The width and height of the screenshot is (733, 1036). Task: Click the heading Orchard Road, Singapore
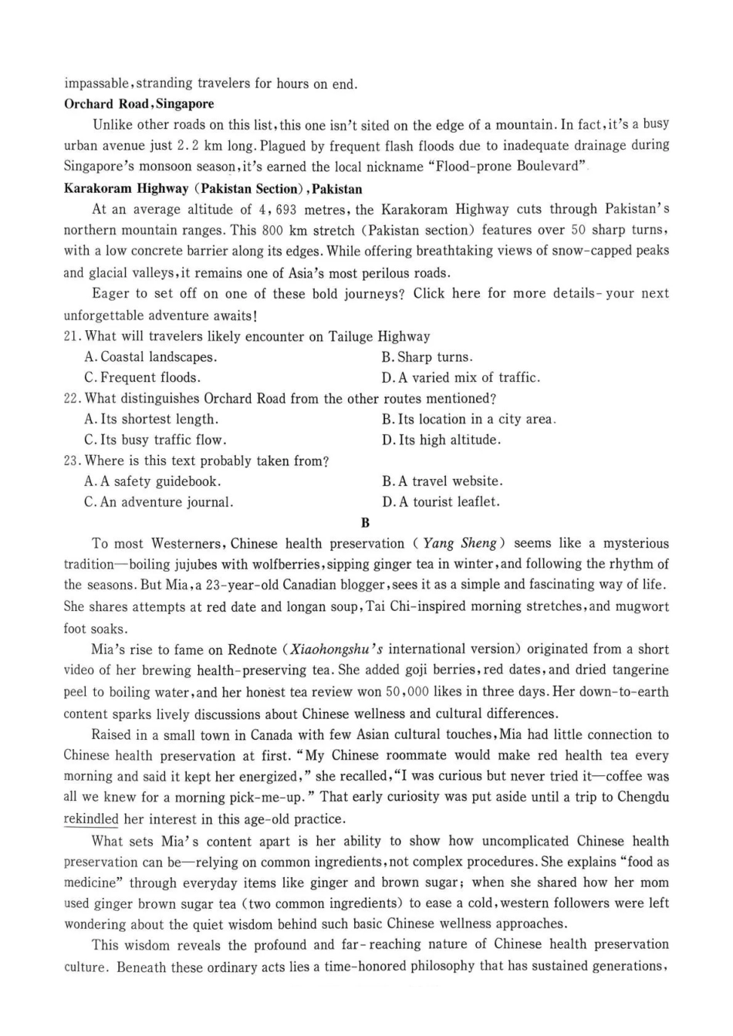click(139, 104)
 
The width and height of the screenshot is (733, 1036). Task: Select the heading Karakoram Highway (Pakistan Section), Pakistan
click(212, 189)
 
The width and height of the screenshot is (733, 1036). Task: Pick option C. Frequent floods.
click(142, 378)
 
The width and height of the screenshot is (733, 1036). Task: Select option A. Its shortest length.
click(150, 420)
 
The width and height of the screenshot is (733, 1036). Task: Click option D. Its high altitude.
click(441, 440)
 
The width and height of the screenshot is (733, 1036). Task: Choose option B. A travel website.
click(441, 481)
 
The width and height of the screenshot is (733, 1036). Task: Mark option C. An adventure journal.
click(158, 502)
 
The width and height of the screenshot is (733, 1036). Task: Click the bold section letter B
click(366, 523)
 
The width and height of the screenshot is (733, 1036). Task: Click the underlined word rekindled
click(91, 819)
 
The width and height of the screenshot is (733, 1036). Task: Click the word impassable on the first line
click(98, 83)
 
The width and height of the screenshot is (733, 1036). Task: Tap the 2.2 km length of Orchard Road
click(199, 146)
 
